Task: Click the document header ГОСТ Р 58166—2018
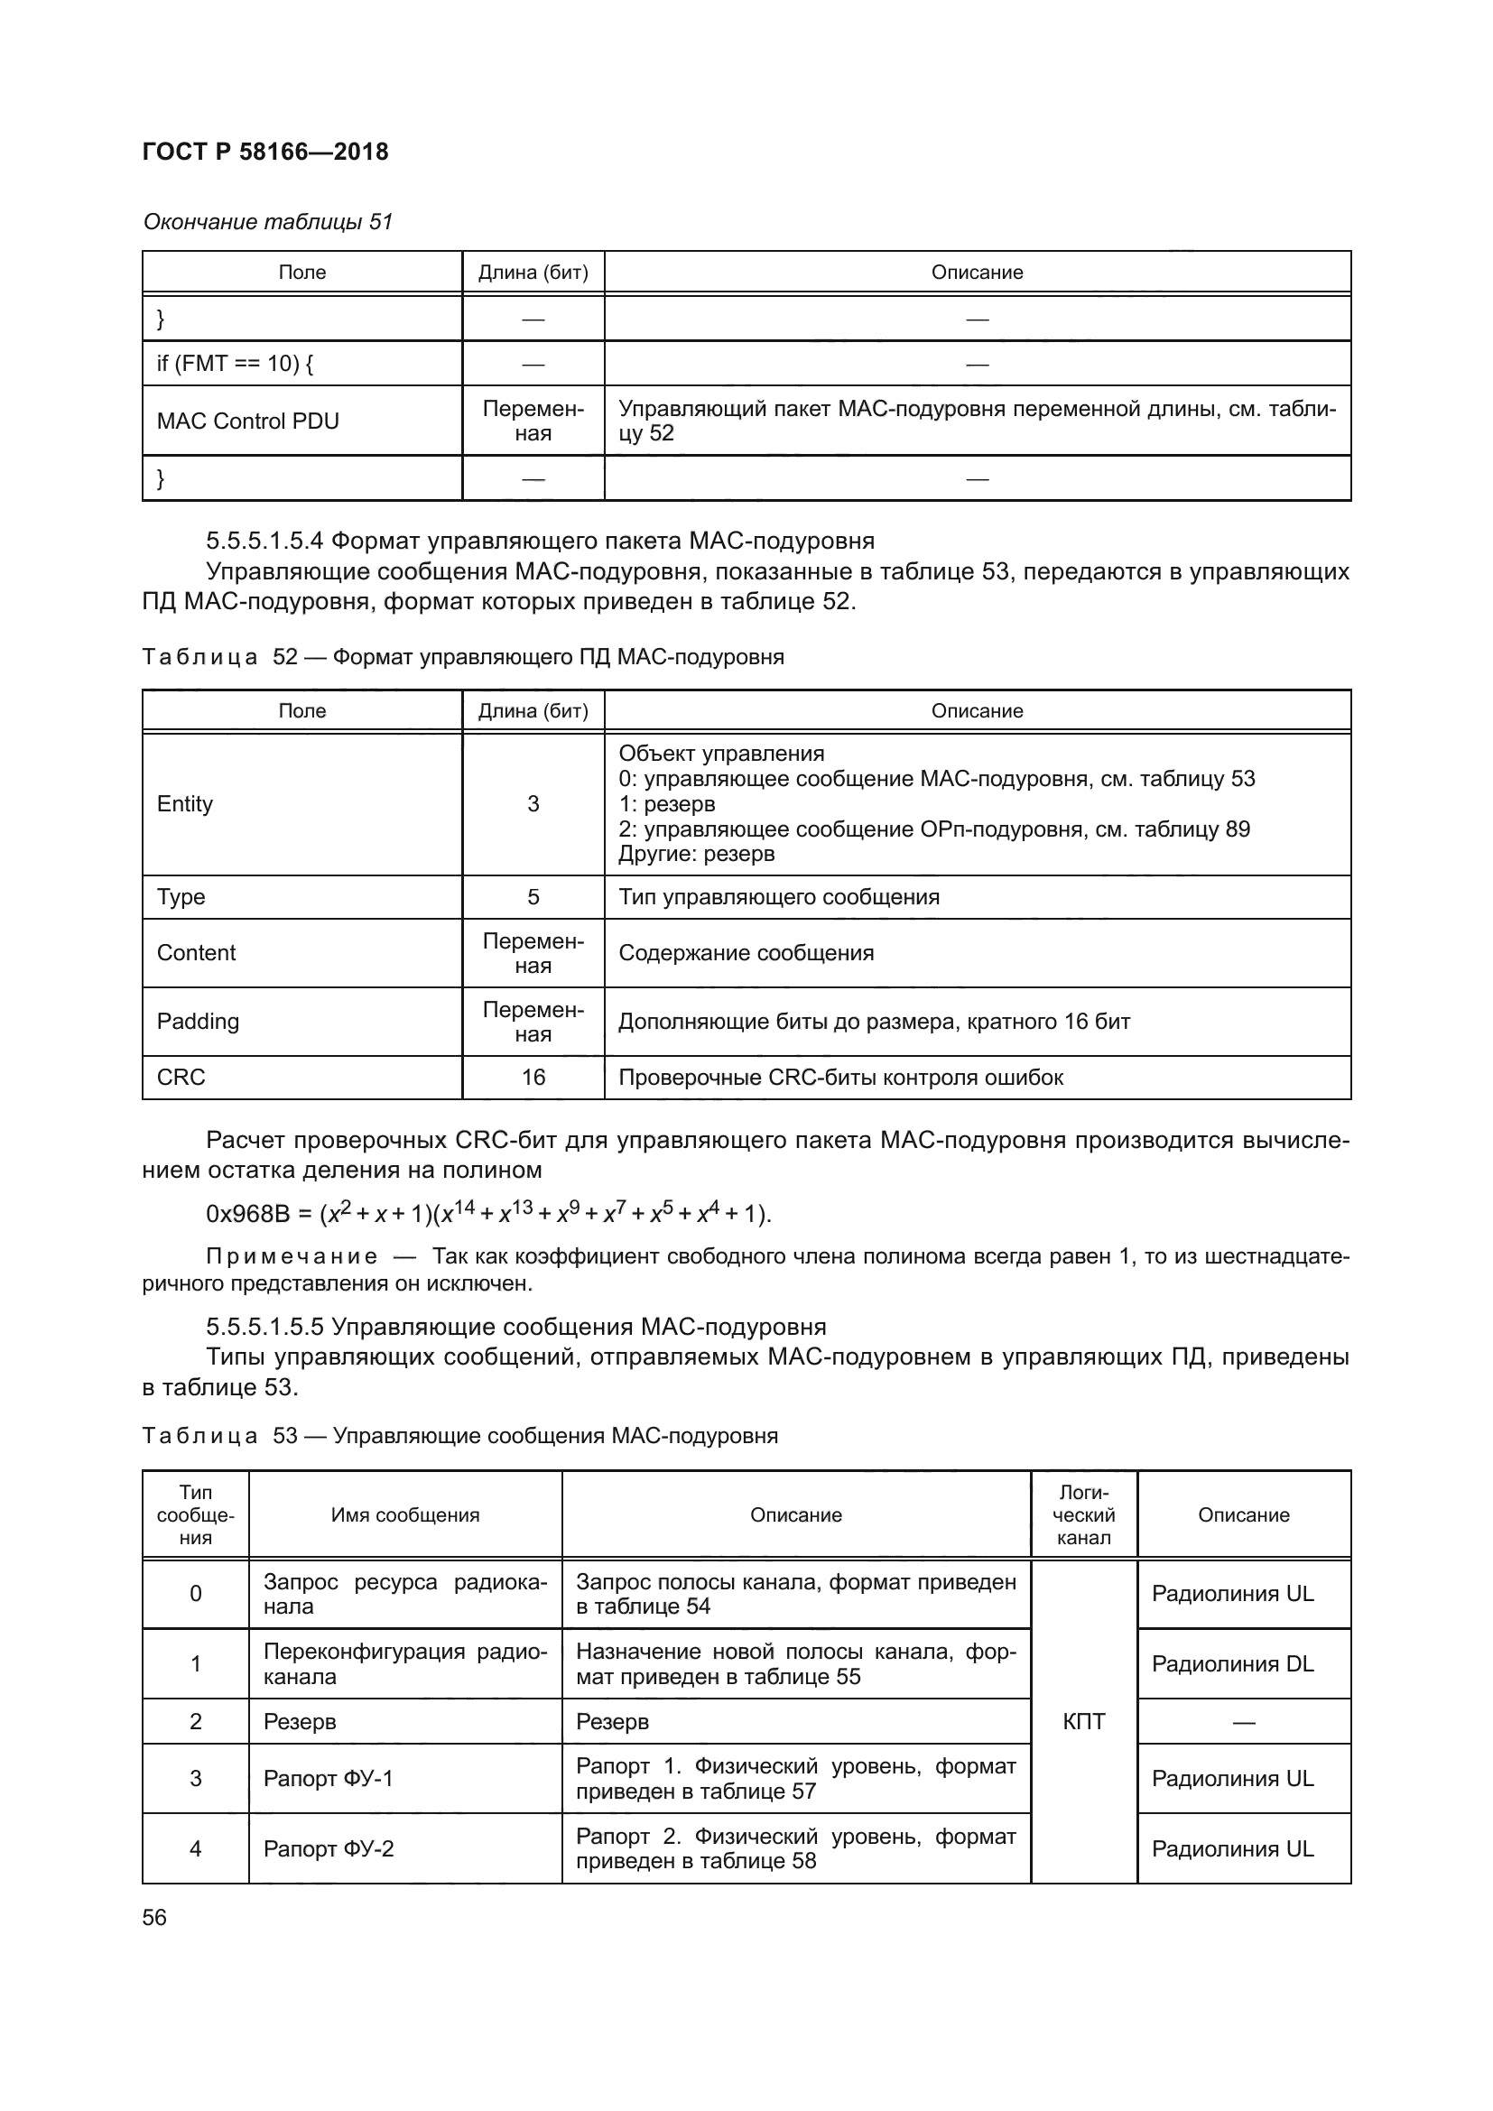pos(265,152)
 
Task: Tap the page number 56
pos(154,1917)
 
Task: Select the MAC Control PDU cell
pos(247,421)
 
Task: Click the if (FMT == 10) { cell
pos(236,363)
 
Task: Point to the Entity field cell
pos(185,803)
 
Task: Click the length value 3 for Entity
pos(533,803)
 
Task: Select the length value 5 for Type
pos(533,896)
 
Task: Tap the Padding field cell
pos(198,1022)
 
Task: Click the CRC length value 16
pos(533,1077)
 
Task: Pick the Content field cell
pos(196,952)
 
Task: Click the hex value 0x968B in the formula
pos(247,1215)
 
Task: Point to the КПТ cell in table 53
pos(1084,1721)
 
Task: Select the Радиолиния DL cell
pos(1233,1663)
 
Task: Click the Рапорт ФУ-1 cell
pos(329,1778)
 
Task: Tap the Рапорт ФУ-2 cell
pos(329,1848)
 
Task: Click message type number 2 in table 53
pos(196,1721)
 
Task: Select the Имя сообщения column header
pos(405,1514)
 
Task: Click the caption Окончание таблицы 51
pos(267,222)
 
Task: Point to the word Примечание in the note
pos(292,1256)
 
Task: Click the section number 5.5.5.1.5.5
pos(264,1327)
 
